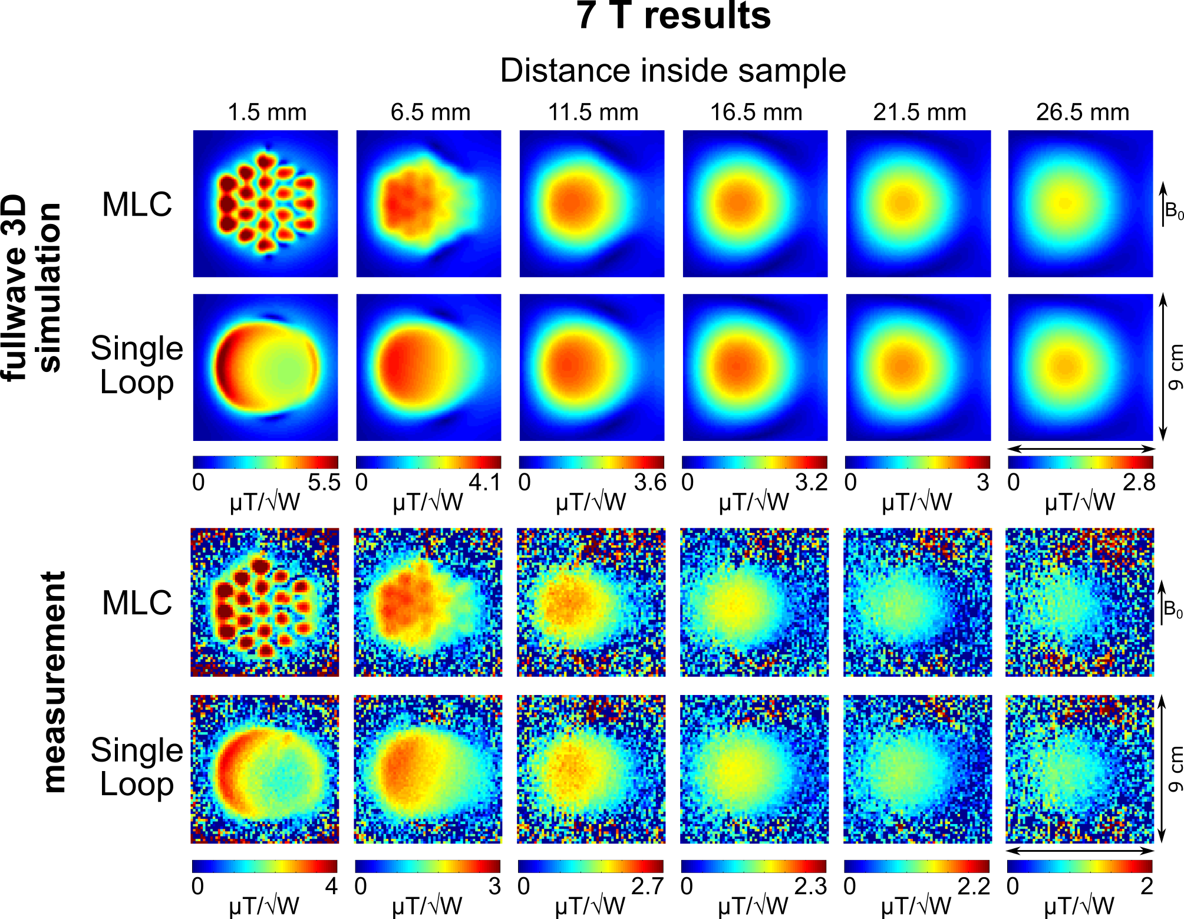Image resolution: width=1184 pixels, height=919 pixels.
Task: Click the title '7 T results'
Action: [x=673, y=16]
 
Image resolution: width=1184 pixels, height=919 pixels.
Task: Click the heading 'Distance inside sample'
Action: [x=673, y=71]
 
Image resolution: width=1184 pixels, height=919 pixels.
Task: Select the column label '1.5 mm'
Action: [x=267, y=113]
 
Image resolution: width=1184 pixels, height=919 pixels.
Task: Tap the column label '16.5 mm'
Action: [x=756, y=113]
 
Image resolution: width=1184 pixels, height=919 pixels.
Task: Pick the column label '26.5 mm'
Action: [x=1083, y=113]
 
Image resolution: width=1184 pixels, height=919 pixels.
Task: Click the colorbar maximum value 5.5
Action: [x=324, y=482]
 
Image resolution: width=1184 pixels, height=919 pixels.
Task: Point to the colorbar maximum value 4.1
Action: [x=484, y=482]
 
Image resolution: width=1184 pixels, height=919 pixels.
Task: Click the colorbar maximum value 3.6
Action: [x=649, y=482]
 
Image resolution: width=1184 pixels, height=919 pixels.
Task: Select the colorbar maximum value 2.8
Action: [x=1139, y=482]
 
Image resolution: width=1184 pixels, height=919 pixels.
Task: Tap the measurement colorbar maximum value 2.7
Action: [x=648, y=886]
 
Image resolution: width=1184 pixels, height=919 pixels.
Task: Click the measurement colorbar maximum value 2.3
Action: [x=811, y=886]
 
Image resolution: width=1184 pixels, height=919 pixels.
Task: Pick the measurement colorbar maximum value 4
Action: [x=331, y=886]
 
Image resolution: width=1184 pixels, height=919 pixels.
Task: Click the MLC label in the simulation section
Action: [x=137, y=205]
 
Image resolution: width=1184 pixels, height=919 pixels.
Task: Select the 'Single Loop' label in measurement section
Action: [x=137, y=767]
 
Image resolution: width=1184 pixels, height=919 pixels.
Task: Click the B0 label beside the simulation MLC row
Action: [x=1173, y=210]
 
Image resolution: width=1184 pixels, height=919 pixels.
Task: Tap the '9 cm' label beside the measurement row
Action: [x=1175, y=769]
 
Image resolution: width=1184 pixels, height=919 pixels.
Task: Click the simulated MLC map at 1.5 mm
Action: [x=266, y=203]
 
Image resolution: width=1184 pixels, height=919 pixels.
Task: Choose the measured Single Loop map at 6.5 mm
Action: [x=428, y=769]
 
